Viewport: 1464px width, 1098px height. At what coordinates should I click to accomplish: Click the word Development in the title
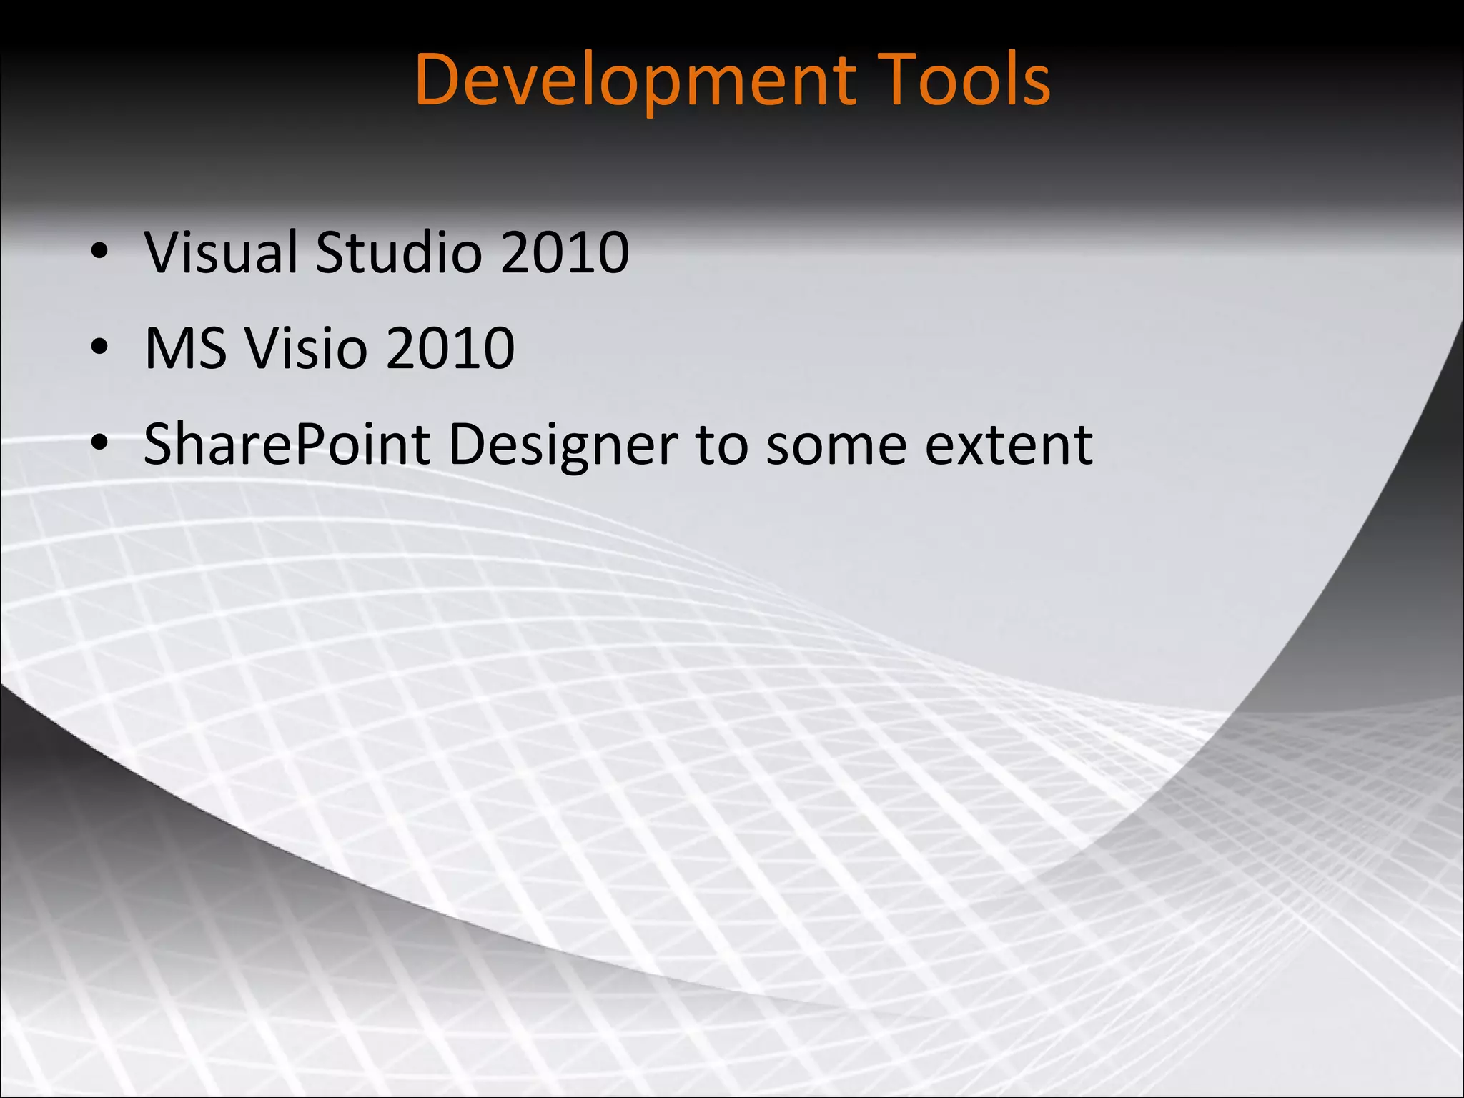pos(635,80)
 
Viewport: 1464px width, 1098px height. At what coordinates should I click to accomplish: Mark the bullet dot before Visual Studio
pos(99,252)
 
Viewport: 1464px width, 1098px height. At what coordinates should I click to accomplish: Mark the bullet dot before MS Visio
pos(99,347)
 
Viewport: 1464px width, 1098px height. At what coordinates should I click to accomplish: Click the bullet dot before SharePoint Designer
pos(99,443)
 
